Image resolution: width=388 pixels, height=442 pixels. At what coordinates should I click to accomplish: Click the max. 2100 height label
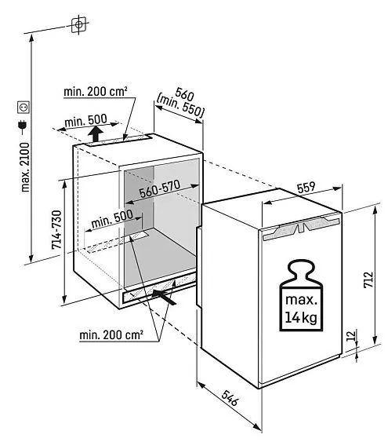(x=25, y=167)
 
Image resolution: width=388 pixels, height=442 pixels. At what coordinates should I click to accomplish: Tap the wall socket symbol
(x=24, y=107)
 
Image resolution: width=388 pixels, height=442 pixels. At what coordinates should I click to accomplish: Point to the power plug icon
(x=23, y=125)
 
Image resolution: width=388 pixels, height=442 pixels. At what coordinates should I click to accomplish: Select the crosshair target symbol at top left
(x=78, y=25)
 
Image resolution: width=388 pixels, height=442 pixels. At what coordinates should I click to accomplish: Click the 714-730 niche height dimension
(x=57, y=230)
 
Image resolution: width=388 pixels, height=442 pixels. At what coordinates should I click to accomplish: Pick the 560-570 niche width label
(x=160, y=188)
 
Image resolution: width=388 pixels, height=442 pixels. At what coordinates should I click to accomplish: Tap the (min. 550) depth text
(x=180, y=106)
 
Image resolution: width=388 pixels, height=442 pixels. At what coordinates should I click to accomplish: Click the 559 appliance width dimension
(x=306, y=188)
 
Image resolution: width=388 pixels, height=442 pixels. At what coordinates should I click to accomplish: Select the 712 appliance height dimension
(x=368, y=279)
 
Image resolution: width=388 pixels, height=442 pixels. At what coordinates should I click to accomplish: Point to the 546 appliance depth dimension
(x=230, y=398)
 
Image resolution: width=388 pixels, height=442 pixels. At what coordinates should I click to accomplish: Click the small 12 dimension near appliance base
(x=351, y=335)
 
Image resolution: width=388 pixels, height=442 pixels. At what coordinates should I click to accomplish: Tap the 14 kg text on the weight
(x=301, y=318)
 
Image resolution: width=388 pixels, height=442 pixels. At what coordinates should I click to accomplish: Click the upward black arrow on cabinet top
(x=96, y=134)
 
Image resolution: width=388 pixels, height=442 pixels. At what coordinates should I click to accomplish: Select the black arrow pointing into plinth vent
(x=164, y=298)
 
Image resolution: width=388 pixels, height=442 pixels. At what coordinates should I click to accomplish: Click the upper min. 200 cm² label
(x=96, y=91)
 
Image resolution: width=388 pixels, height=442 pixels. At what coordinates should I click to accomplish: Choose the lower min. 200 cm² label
(x=111, y=335)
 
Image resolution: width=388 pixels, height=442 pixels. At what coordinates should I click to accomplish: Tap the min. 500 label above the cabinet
(x=85, y=121)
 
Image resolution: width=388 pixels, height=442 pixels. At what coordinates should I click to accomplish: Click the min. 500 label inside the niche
(x=112, y=219)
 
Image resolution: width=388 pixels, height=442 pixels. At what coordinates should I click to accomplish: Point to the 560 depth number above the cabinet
(x=184, y=94)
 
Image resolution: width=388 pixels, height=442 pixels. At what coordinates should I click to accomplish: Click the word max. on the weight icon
(x=301, y=300)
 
